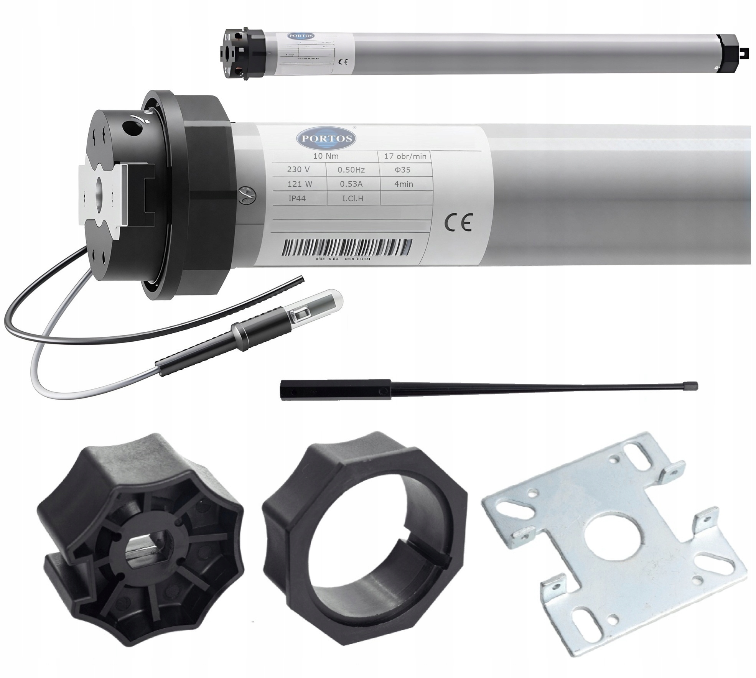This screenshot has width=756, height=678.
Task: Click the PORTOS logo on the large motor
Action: click(x=326, y=138)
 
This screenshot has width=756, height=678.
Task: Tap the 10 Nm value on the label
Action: click(x=326, y=156)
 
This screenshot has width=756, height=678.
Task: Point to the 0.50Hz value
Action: click(x=351, y=170)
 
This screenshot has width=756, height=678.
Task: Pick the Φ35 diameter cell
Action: click(x=402, y=170)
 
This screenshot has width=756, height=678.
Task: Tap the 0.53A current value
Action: click(x=351, y=184)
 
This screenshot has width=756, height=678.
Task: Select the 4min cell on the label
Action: click(x=404, y=184)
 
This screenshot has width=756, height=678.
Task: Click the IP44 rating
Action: click(x=297, y=199)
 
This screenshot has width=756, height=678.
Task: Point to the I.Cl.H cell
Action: click(x=352, y=199)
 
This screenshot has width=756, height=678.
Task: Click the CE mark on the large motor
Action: click(x=458, y=223)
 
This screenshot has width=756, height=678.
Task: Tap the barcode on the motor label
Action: click(x=347, y=248)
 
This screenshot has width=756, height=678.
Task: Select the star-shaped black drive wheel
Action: click(x=140, y=537)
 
